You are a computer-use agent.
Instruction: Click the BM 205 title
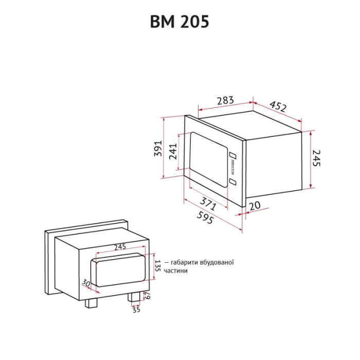coord(179,22)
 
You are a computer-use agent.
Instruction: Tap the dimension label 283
coord(225,100)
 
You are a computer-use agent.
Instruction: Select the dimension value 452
coord(278,106)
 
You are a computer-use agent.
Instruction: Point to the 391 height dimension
coord(158,148)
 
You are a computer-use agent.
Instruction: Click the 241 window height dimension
coord(173,151)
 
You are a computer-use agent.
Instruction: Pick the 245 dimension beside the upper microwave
coord(316,158)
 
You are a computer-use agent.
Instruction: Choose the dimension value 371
coord(208,204)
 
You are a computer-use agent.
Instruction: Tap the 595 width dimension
coord(206,217)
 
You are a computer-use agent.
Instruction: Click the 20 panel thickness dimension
coord(255,206)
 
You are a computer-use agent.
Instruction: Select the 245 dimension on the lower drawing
coord(120,246)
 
